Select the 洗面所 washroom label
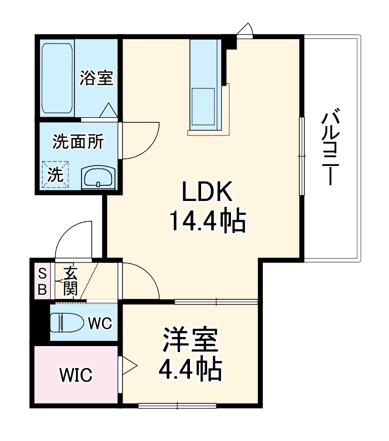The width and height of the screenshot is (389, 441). coord(78,143)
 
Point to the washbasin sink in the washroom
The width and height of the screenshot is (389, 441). coord(99,178)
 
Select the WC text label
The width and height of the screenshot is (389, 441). coord(100,322)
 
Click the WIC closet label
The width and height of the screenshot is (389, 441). coord(76,376)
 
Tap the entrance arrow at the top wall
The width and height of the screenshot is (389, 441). coord(247,29)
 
